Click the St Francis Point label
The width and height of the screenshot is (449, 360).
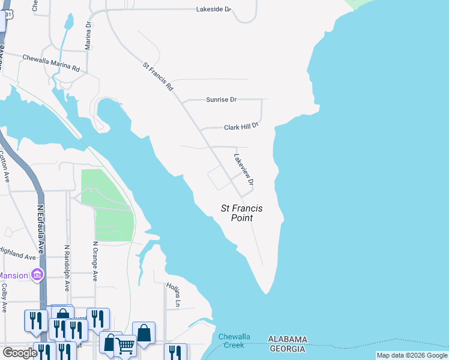(243, 214)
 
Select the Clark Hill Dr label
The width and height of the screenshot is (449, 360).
(241, 127)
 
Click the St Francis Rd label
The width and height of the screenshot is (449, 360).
(158, 76)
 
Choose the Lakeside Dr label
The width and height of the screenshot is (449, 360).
(214, 10)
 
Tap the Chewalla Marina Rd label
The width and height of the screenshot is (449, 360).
(51, 63)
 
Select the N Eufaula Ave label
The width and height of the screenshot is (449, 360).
(41, 224)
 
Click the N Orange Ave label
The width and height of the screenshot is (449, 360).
(95, 261)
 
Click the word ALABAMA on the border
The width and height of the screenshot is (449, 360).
(288, 339)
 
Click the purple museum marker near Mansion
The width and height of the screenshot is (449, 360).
(37, 275)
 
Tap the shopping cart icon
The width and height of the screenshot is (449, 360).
(125, 344)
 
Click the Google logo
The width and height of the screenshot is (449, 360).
(20, 353)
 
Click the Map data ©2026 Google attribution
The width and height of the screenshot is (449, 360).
(412, 355)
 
